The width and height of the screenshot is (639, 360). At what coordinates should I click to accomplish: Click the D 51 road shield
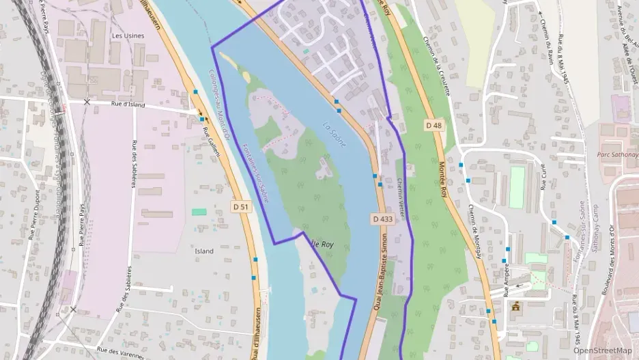click(x=240, y=206)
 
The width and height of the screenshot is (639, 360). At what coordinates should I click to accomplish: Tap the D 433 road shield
click(x=383, y=219)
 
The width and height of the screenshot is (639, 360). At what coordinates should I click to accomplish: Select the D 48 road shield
click(x=434, y=125)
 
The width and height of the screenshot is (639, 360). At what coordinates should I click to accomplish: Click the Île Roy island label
click(x=322, y=244)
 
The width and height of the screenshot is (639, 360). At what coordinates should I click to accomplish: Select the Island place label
click(x=203, y=251)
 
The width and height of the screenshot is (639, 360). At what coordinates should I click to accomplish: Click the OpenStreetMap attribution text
click(x=602, y=350)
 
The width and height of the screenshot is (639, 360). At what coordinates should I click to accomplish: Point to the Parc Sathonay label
click(x=618, y=154)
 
